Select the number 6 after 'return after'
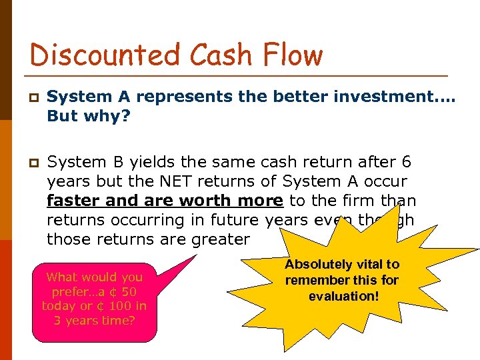pyautogui.click(x=407, y=161)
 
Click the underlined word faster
pyautogui.click(x=75, y=201)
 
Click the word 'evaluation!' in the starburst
pyautogui.click(x=343, y=295)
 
